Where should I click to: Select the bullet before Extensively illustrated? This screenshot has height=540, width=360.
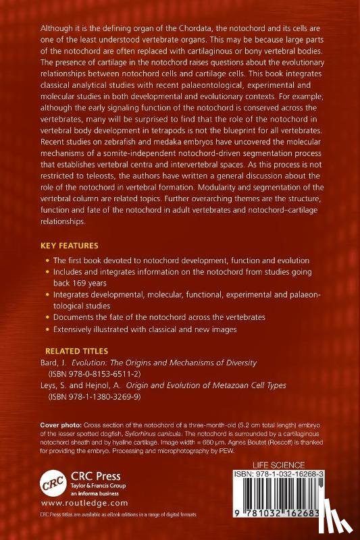[x=47, y=329]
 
